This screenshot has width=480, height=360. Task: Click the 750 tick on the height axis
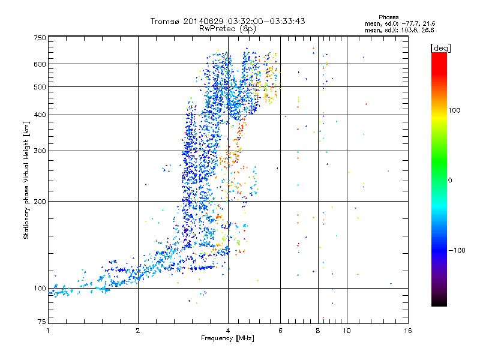(40, 38)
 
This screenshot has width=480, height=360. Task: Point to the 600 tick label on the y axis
(40, 64)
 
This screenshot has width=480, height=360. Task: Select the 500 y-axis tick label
(40, 87)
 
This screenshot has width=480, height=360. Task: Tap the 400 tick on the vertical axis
(40, 115)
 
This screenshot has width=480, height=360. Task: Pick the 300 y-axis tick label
(40, 151)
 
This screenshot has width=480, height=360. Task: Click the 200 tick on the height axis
(40, 201)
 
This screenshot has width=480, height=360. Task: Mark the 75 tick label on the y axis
(41, 322)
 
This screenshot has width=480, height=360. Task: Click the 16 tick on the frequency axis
(407, 331)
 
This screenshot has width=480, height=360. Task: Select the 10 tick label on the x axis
(346, 331)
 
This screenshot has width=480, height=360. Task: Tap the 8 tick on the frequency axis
(317, 331)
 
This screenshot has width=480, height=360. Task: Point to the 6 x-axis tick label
(281, 331)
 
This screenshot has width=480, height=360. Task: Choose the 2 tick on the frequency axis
(138, 331)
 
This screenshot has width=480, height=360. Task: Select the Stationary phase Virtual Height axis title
(26, 180)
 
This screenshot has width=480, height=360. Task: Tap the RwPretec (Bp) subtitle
(228, 28)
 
